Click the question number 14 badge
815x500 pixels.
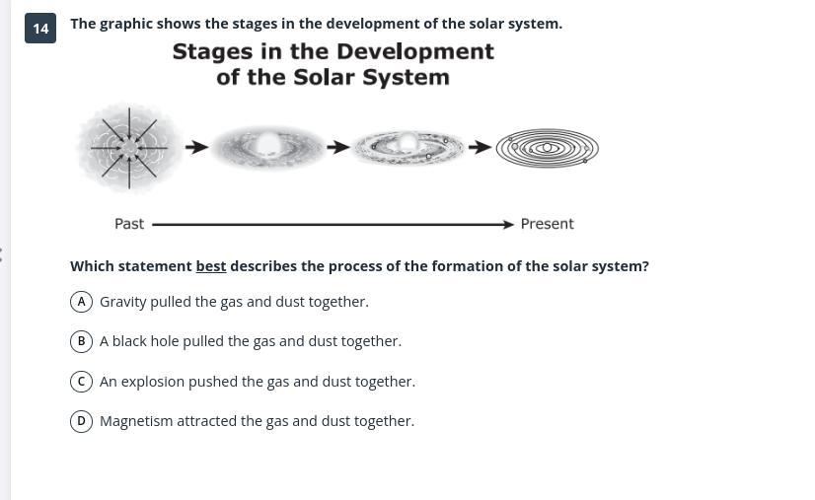tap(40, 28)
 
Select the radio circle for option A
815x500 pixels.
tap(81, 302)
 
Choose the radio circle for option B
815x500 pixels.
tap(81, 341)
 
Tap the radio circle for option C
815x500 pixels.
tap(81, 382)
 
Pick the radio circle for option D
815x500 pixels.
tap(81, 421)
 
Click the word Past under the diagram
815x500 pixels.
tap(129, 224)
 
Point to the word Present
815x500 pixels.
tap(548, 224)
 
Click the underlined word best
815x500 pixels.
tap(211, 266)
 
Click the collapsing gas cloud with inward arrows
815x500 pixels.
tap(129, 148)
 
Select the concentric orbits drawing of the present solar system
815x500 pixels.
tap(548, 148)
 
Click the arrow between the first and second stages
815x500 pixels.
tap(197, 147)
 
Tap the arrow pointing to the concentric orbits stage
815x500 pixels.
tap(480, 147)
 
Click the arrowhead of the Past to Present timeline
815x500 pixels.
tap(509, 225)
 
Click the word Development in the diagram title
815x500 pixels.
tap(415, 51)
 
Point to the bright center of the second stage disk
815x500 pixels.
tap(268, 143)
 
